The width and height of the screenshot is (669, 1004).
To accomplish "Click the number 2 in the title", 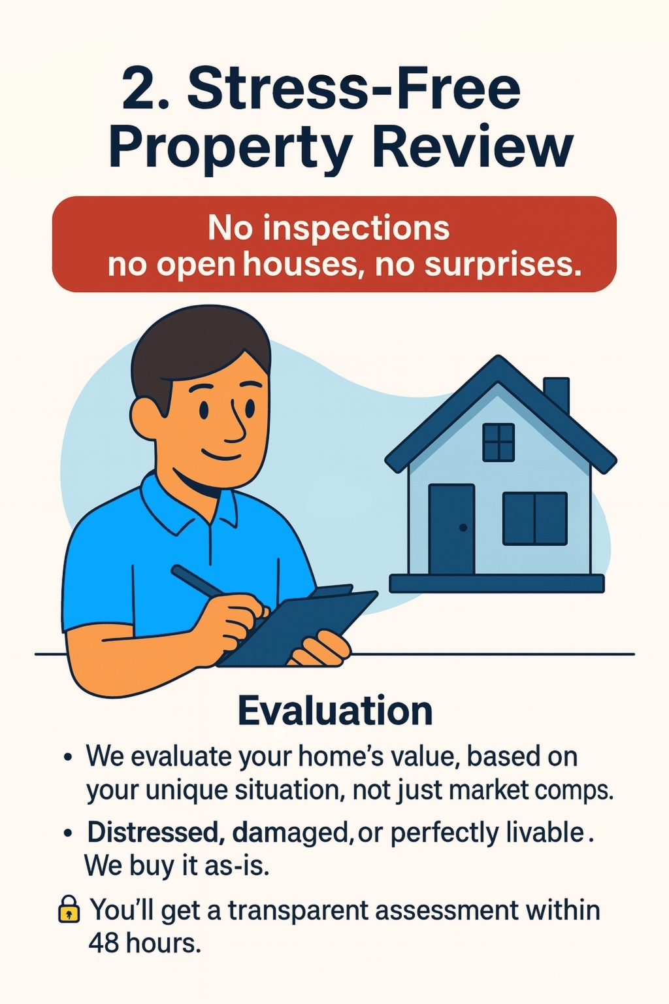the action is (140, 88).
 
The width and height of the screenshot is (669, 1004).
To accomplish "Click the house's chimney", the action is (556, 395).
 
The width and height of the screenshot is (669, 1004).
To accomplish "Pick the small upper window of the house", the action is (498, 442).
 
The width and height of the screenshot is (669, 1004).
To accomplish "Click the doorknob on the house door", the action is (463, 527).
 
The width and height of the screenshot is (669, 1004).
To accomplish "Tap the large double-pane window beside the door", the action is (534, 518).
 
